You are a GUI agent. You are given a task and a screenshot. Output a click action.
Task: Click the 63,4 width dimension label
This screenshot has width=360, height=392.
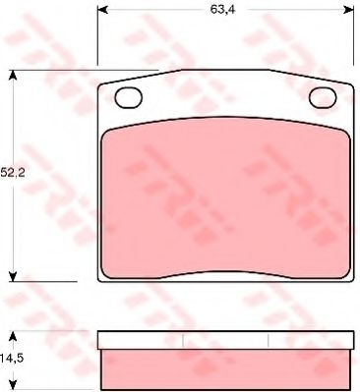(218, 10)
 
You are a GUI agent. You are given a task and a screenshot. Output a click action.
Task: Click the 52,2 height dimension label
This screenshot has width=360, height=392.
(13, 172)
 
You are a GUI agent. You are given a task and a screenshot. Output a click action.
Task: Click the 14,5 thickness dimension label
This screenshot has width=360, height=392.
(13, 358)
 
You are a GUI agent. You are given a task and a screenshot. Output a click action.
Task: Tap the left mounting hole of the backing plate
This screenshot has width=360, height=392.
(129, 97)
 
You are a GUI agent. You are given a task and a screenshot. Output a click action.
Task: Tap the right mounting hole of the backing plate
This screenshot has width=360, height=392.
(323, 97)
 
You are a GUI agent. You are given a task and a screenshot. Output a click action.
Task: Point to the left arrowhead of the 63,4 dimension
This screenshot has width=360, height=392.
(102, 10)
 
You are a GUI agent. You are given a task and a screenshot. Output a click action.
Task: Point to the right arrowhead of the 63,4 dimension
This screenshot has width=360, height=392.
(349, 10)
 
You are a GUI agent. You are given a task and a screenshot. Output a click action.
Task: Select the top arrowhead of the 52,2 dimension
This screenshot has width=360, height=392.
(13, 75)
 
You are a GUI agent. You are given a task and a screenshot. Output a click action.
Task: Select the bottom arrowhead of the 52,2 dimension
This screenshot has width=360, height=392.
(13, 276)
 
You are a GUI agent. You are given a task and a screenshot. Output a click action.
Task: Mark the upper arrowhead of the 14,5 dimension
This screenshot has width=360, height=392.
(13, 336)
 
